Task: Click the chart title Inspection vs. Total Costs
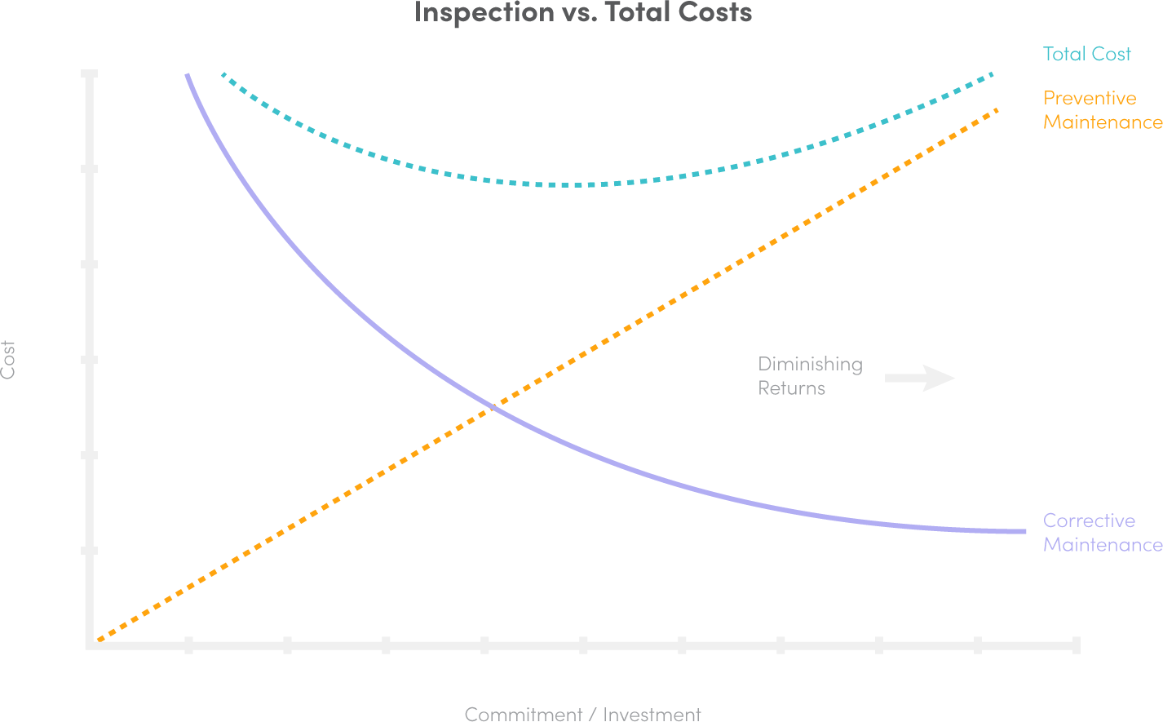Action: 582,12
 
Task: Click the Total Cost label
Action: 1086,55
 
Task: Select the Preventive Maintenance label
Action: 1102,110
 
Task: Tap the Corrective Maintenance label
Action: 1102,533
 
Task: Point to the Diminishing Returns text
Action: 809,375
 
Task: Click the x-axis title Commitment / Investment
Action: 582,714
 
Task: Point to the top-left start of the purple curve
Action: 188,76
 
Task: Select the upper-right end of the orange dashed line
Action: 996,110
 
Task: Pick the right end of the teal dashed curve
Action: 991,74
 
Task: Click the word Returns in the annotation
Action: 791,388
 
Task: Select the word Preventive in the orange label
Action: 1090,98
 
